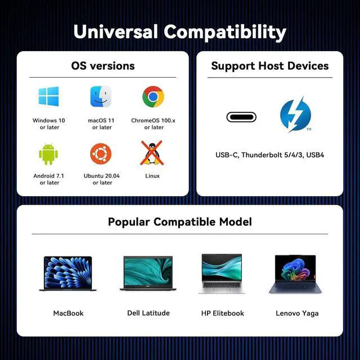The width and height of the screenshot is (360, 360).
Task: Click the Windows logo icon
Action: [x=48, y=96]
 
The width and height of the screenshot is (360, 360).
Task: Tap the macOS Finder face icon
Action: [x=101, y=96]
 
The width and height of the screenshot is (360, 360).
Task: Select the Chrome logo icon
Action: [x=153, y=97]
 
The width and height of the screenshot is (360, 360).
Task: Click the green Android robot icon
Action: [x=48, y=154]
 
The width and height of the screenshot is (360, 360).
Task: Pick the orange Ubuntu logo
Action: [x=101, y=154]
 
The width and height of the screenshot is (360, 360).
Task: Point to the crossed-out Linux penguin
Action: [x=152, y=153]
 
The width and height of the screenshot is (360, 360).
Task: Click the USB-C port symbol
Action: [x=241, y=117]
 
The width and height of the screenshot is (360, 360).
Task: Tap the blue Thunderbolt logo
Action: [x=295, y=115]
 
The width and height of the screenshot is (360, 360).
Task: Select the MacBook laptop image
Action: [x=67, y=274]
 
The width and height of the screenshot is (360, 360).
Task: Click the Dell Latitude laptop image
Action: [x=148, y=273]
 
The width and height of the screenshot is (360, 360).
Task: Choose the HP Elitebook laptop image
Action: [x=222, y=273]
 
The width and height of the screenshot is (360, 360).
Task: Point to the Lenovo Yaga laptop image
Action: [x=295, y=274]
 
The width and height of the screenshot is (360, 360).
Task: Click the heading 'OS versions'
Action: [x=103, y=66]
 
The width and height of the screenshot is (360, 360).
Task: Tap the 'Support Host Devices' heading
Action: [x=270, y=66]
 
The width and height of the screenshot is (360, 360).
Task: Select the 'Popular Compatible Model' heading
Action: [x=180, y=222]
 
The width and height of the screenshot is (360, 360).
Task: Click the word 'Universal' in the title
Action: [x=116, y=31]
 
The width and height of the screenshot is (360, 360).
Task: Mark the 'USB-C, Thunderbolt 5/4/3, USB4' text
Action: [x=270, y=155]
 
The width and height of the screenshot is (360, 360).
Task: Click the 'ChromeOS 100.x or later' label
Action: [x=154, y=124]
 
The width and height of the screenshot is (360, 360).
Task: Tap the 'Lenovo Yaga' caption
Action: [x=297, y=314]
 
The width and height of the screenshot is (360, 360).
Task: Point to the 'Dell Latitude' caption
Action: [x=148, y=313]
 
